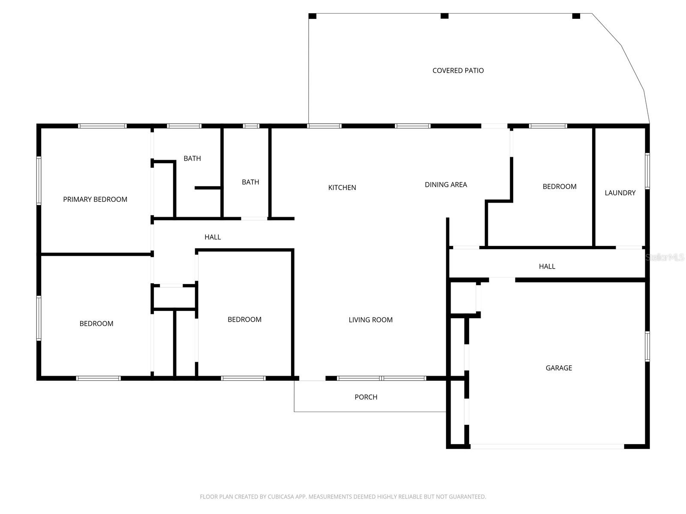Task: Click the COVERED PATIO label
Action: (458, 71)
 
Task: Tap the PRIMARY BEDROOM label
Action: (95, 199)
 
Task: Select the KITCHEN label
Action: (342, 188)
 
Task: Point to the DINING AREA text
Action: (446, 185)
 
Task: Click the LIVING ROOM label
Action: (370, 320)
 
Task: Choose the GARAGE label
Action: (559, 368)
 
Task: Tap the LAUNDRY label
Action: (620, 193)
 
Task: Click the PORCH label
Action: (366, 397)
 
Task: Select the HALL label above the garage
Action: (547, 266)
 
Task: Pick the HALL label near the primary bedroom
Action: (213, 237)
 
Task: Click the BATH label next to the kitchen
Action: (250, 182)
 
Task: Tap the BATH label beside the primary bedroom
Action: (192, 158)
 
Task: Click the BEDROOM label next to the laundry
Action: (560, 186)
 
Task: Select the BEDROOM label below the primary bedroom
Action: (96, 324)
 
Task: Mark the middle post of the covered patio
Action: (445, 16)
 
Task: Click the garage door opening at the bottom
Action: (547, 446)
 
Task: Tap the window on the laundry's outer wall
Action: (647, 171)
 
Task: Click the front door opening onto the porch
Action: (312, 379)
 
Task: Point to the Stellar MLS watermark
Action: (665, 257)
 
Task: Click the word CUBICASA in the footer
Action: (283, 497)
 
